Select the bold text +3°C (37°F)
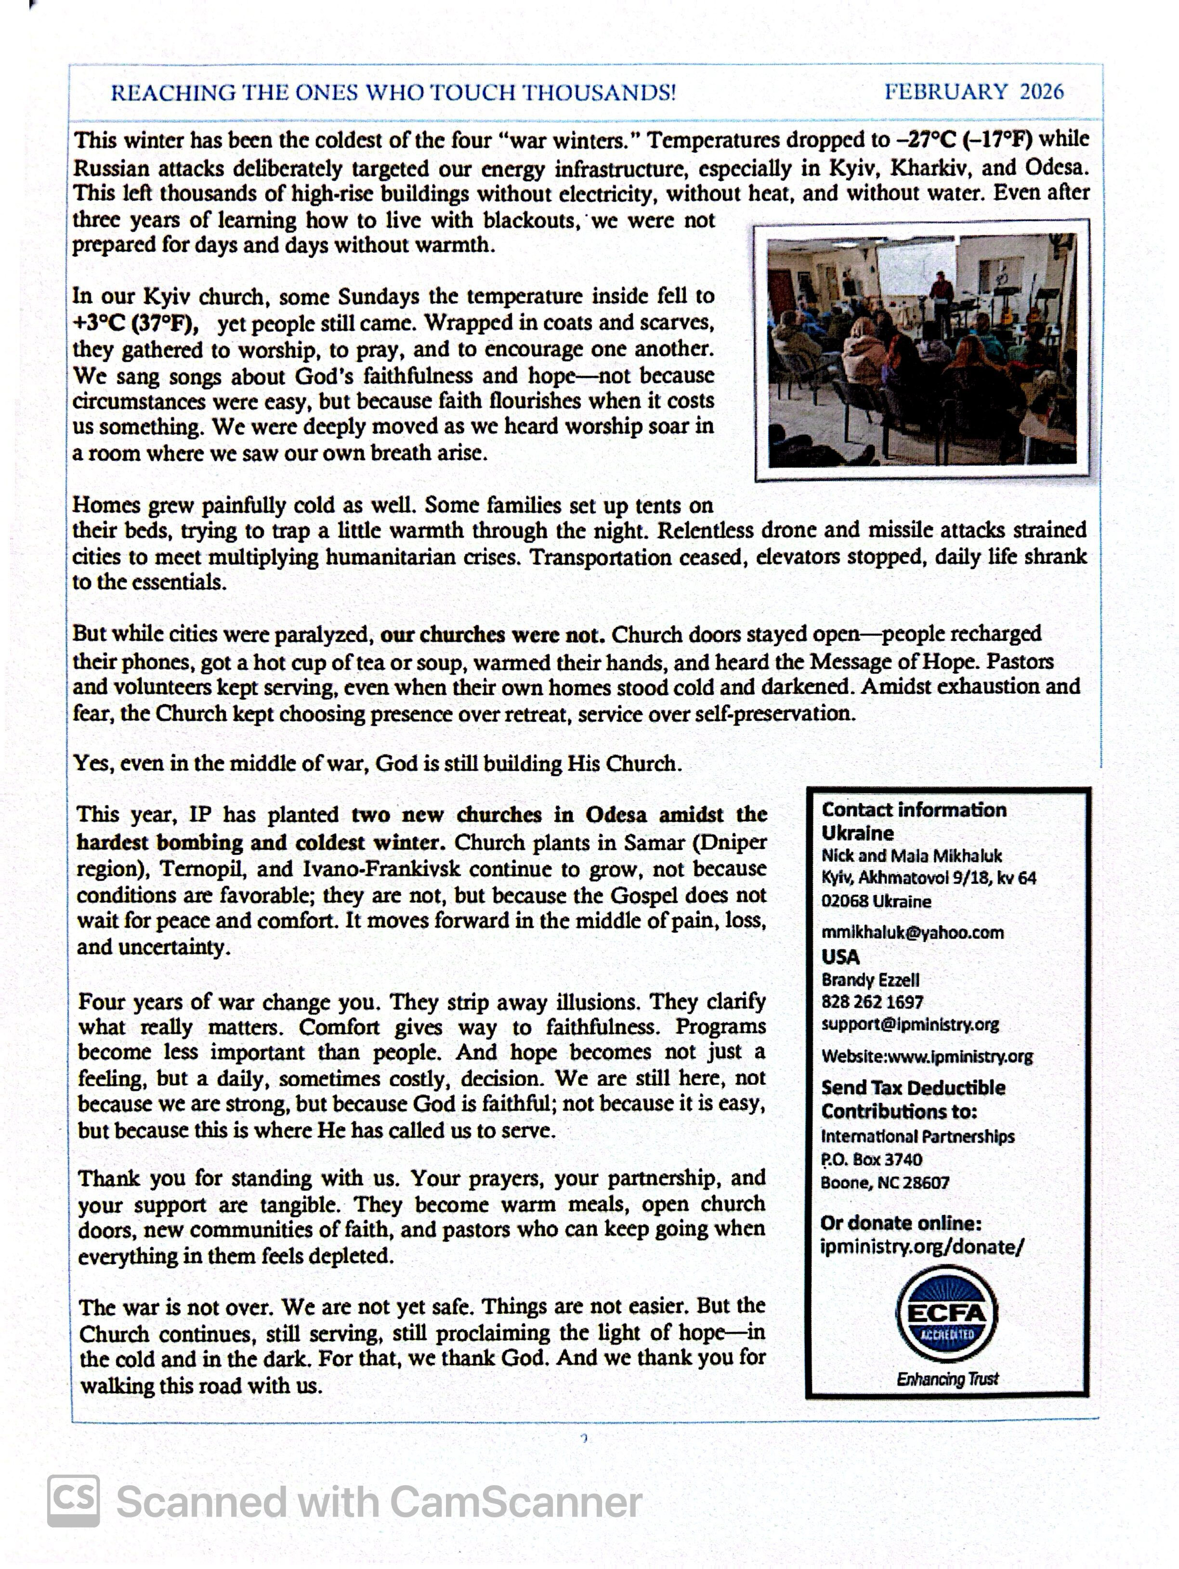tap(135, 323)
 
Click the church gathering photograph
tap(922, 350)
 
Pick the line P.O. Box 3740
tap(871, 1159)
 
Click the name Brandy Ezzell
tap(870, 980)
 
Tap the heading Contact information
tap(914, 810)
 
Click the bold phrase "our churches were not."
tap(493, 634)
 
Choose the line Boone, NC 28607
tap(885, 1183)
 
